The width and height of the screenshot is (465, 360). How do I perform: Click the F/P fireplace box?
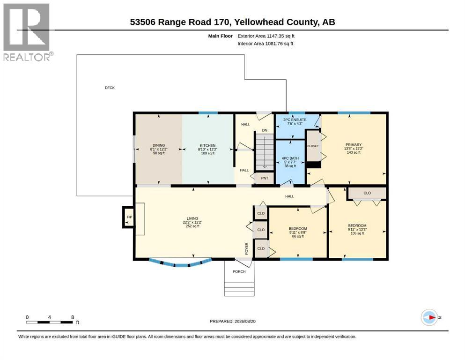pyautogui.click(x=128, y=217)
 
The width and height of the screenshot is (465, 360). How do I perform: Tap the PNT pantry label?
pyautogui.click(x=265, y=178)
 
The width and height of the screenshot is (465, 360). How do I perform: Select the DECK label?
pyautogui.click(x=110, y=88)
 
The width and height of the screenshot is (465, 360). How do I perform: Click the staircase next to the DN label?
pyautogui.click(x=265, y=152)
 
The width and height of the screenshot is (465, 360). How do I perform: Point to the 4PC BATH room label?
pyautogui.click(x=290, y=158)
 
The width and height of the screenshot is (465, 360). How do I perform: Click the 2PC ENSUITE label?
pyautogui.click(x=295, y=120)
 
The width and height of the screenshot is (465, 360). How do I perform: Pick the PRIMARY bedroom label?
pyautogui.click(x=354, y=145)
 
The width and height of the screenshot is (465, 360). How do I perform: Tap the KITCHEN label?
pyautogui.click(x=207, y=145)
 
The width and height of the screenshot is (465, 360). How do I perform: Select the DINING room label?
pyautogui.click(x=159, y=145)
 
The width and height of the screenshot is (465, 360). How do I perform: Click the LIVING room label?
pyautogui.click(x=192, y=218)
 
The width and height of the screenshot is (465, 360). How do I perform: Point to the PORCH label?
pyautogui.click(x=239, y=271)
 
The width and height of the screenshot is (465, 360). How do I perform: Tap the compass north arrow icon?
pyautogui.click(x=429, y=317)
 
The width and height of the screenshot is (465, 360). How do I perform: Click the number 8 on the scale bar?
pyautogui.click(x=73, y=317)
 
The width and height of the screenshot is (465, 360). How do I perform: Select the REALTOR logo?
pyautogui.click(x=28, y=32)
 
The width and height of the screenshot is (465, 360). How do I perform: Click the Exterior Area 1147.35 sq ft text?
pyautogui.click(x=266, y=36)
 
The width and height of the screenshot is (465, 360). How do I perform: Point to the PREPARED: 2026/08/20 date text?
pyautogui.click(x=232, y=321)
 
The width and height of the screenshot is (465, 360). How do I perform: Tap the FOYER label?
pyautogui.click(x=246, y=248)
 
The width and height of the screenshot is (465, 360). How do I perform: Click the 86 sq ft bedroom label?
pyautogui.click(x=298, y=236)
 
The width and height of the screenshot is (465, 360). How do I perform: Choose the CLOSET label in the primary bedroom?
pyautogui.click(x=313, y=146)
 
